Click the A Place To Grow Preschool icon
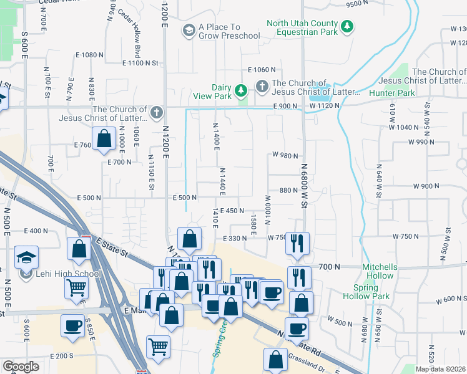point(189,31)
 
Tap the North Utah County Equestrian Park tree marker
point(347,27)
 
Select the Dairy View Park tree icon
point(241,92)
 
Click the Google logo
point(21,366)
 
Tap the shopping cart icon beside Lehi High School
point(77,287)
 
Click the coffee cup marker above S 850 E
point(72,325)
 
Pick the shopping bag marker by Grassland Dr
point(275,359)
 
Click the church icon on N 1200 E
point(156,113)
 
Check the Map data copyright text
point(440,369)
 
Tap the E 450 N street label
point(232,211)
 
